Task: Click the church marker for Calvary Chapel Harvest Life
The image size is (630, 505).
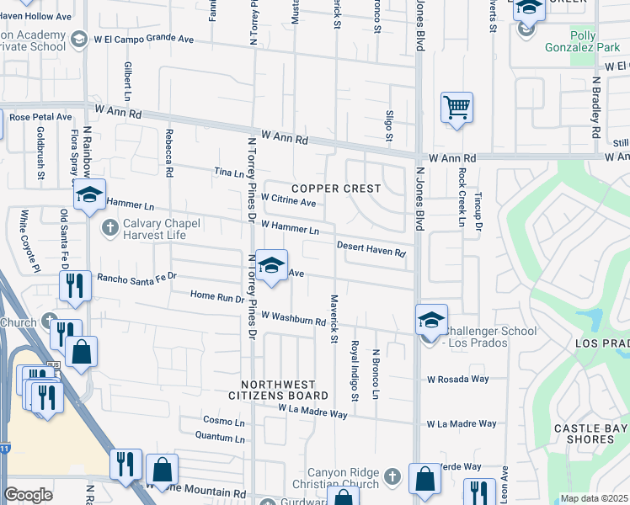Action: pos(109,227)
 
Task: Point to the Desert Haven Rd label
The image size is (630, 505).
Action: pos(371,249)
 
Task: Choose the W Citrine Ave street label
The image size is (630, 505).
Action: pos(288,201)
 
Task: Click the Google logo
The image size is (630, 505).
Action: pos(28,495)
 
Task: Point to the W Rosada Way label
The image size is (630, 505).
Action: pos(457,380)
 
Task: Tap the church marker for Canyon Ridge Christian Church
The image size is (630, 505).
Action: pos(391,478)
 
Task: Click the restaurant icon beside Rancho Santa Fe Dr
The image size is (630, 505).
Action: pos(75,285)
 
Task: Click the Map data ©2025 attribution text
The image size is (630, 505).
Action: pos(593,498)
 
